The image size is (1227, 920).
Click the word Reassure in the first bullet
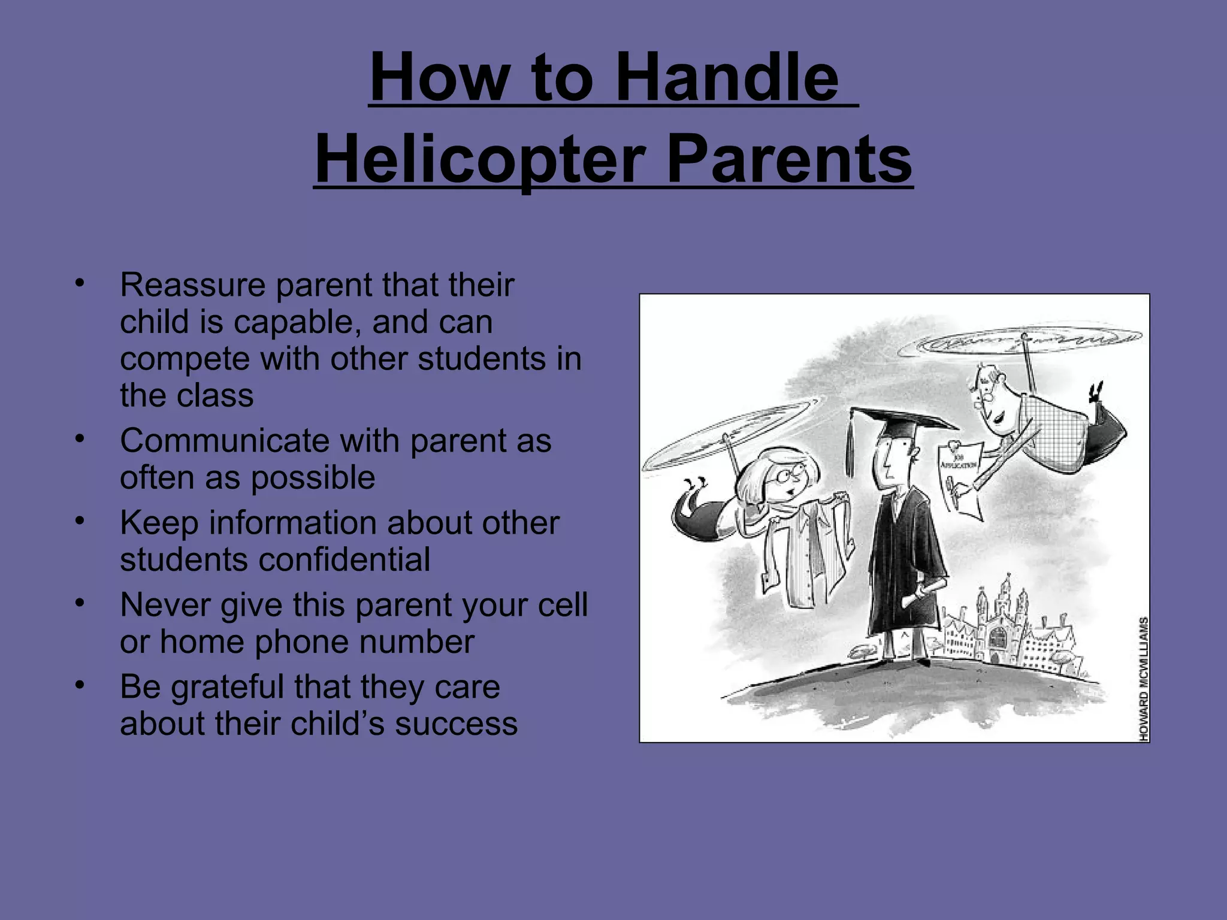tap(192, 285)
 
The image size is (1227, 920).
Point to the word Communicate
tap(224, 441)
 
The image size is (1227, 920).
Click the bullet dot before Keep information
tap(78, 521)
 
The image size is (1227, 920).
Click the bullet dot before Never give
tap(78, 603)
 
